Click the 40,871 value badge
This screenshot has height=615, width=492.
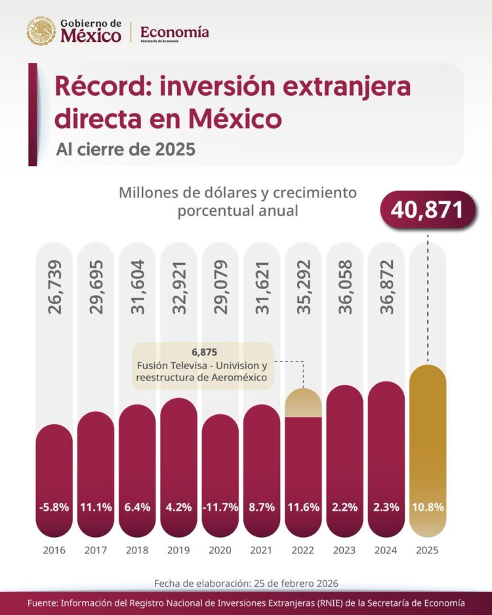[x=427, y=209]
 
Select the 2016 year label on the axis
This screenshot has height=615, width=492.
[x=54, y=550]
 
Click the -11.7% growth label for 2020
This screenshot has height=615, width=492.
[x=220, y=507]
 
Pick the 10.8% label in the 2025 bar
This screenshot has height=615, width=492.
[x=428, y=507]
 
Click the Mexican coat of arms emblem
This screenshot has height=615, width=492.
[x=41, y=31]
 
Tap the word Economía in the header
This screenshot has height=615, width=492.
[x=174, y=31]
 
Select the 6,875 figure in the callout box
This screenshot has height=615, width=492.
[x=202, y=352]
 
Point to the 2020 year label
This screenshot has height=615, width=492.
[x=220, y=550]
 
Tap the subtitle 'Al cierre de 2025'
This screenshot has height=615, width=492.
[x=125, y=149]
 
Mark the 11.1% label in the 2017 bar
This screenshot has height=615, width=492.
[x=96, y=507]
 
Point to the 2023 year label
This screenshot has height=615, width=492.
[x=344, y=550]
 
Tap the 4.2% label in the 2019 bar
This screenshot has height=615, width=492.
[x=178, y=507]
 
